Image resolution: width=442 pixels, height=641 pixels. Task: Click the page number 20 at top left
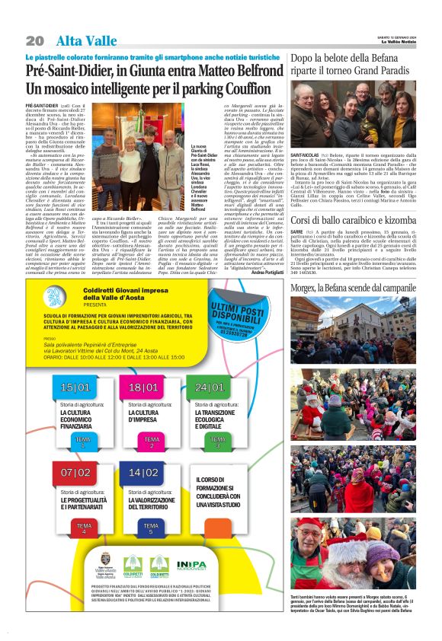(x=34, y=40)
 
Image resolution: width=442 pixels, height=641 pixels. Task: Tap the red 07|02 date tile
(x=75, y=473)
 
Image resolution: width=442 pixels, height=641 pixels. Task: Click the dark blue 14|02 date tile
(x=143, y=473)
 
